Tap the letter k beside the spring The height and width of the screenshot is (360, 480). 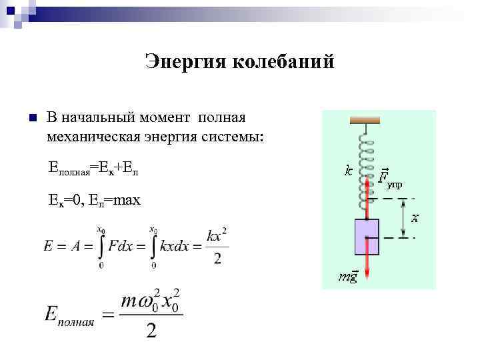coord(348,171)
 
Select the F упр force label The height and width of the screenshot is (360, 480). coord(389,179)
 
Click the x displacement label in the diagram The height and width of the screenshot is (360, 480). coord(415,218)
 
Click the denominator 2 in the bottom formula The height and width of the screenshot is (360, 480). coord(151,331)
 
